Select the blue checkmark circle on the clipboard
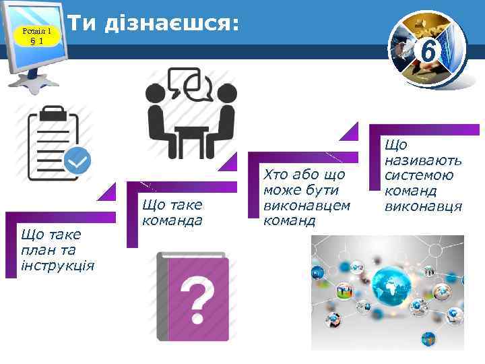pos(78,160)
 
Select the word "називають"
pos(423,160)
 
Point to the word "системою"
pos(418,175)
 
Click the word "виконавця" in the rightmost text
pos(423,206)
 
